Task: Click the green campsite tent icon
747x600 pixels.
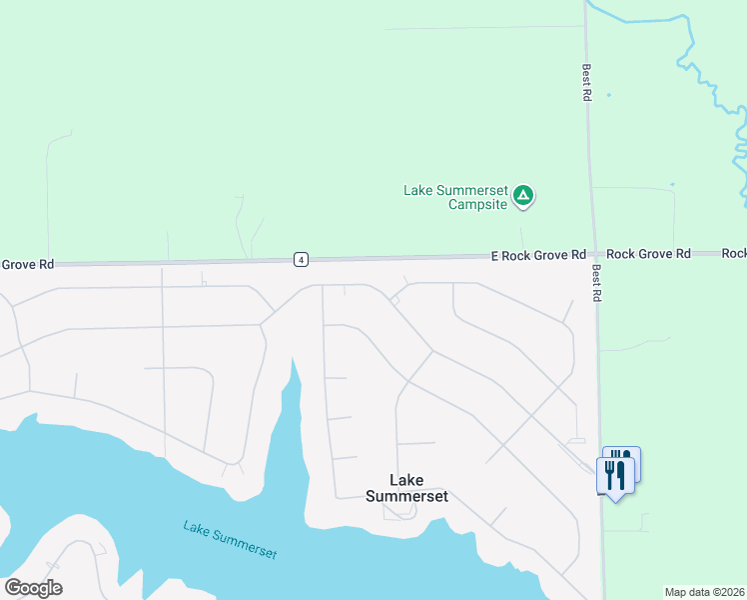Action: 523,196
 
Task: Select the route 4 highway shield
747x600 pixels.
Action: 301,260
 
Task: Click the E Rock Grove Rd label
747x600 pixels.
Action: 538,256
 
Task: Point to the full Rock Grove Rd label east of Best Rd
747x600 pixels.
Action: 648,255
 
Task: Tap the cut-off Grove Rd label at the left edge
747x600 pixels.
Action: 26,265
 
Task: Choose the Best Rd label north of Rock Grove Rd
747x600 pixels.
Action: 587,83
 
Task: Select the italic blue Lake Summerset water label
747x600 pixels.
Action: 230,539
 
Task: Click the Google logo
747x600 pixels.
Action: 33,588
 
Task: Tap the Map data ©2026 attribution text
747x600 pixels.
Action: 704,592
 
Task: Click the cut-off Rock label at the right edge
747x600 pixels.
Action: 734,254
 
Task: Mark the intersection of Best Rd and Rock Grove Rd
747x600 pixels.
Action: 593,255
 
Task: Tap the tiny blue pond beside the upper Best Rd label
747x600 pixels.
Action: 608,95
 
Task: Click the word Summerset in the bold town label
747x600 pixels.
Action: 406,496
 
